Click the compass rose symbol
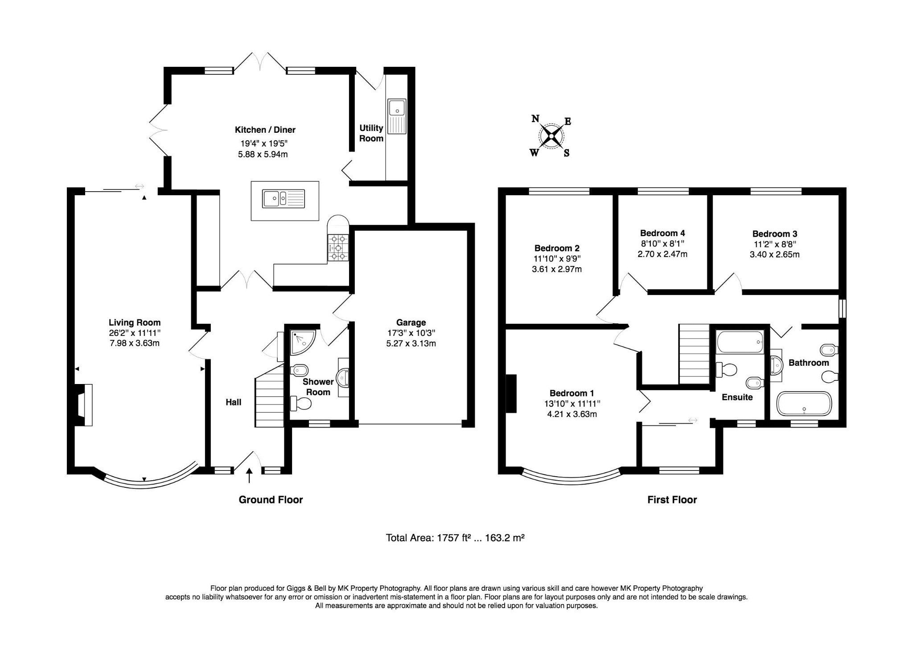pyautogui.click(x=551, y=136)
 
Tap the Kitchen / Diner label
pyautogui.click(x=265, y=130)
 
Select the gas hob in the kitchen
pyautogui.click(x=338, y=248)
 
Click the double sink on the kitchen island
pyautogui.click(x=284, y=198)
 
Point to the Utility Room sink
pyautogui.click(x=396, y=116)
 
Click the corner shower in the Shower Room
pyautogui.click(x=302, y=341)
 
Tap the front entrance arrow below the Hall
pyautogui.click(x=249, y=475)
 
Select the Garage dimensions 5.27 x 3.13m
pyautogui.click(x=411, y=343)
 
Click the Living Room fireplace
pyautogui.click(x=84, y=405)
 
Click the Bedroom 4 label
pyautogui.click(x=662, y=233)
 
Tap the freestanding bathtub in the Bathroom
pyautogui.click(x=804, y=404)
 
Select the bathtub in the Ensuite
pyautogui.click(x=740, y=342)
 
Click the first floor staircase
pyautogui.click(x=694, y=354)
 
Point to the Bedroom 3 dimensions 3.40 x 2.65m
pyautogui.click(x=774, y=255)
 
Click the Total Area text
pyautogui.click(x=455, y=538)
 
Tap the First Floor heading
pyautogui.click(x=672, y=500)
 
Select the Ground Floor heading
pyautogui.click(x=271, y=500)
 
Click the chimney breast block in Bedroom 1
pyautogui.click(x=511, y=394)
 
